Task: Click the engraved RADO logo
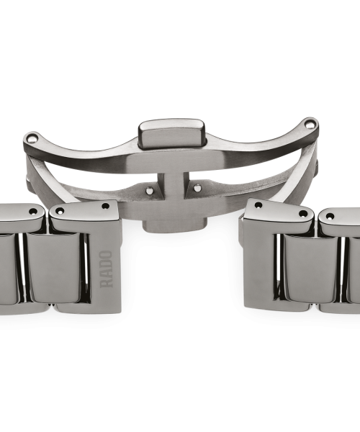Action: tap(106, 269)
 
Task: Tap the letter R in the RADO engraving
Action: tap(106, 284)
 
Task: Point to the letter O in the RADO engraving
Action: tap(106, 255)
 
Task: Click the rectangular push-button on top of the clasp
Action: tap(172, 132)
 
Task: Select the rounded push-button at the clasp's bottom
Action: tap(174, 225)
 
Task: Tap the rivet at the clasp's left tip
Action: tap(33, 137)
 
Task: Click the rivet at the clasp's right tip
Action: tap(310, 125)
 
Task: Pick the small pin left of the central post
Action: tap(149, 189)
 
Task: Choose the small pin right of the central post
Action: tap(197, 188)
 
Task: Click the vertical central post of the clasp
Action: tap(173, 186)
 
